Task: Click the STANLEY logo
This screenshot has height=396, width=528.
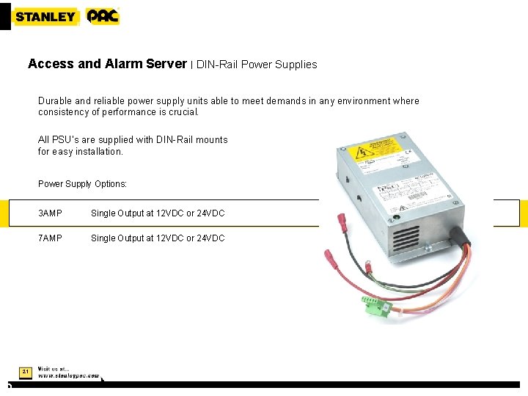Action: pos(45,16)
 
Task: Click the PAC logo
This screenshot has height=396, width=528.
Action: pos(102,16)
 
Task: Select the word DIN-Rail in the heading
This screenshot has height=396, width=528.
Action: pos(217,65)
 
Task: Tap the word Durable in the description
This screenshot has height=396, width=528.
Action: pos(56,101)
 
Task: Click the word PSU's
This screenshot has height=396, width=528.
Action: pos(67,139)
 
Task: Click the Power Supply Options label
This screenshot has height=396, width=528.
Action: pos(82,184)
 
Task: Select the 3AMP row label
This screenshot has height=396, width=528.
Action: pos(50,213)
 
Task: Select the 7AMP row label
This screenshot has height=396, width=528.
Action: pos(50,238)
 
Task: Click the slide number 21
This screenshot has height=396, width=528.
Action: pos(25,373)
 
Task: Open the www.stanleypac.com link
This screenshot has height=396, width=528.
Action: pos(69,375)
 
